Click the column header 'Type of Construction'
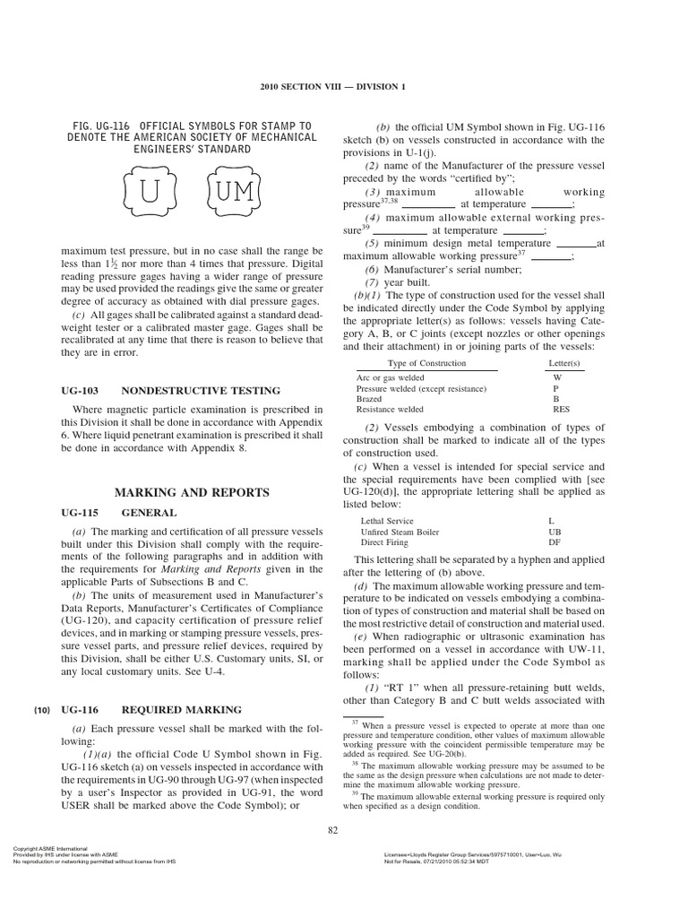(426, 363)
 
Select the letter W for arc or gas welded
(557, 378)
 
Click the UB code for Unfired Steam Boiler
(554, 532)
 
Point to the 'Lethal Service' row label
(387, 521)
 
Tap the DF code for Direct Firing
(554, 542)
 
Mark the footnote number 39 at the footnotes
(355, 793)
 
